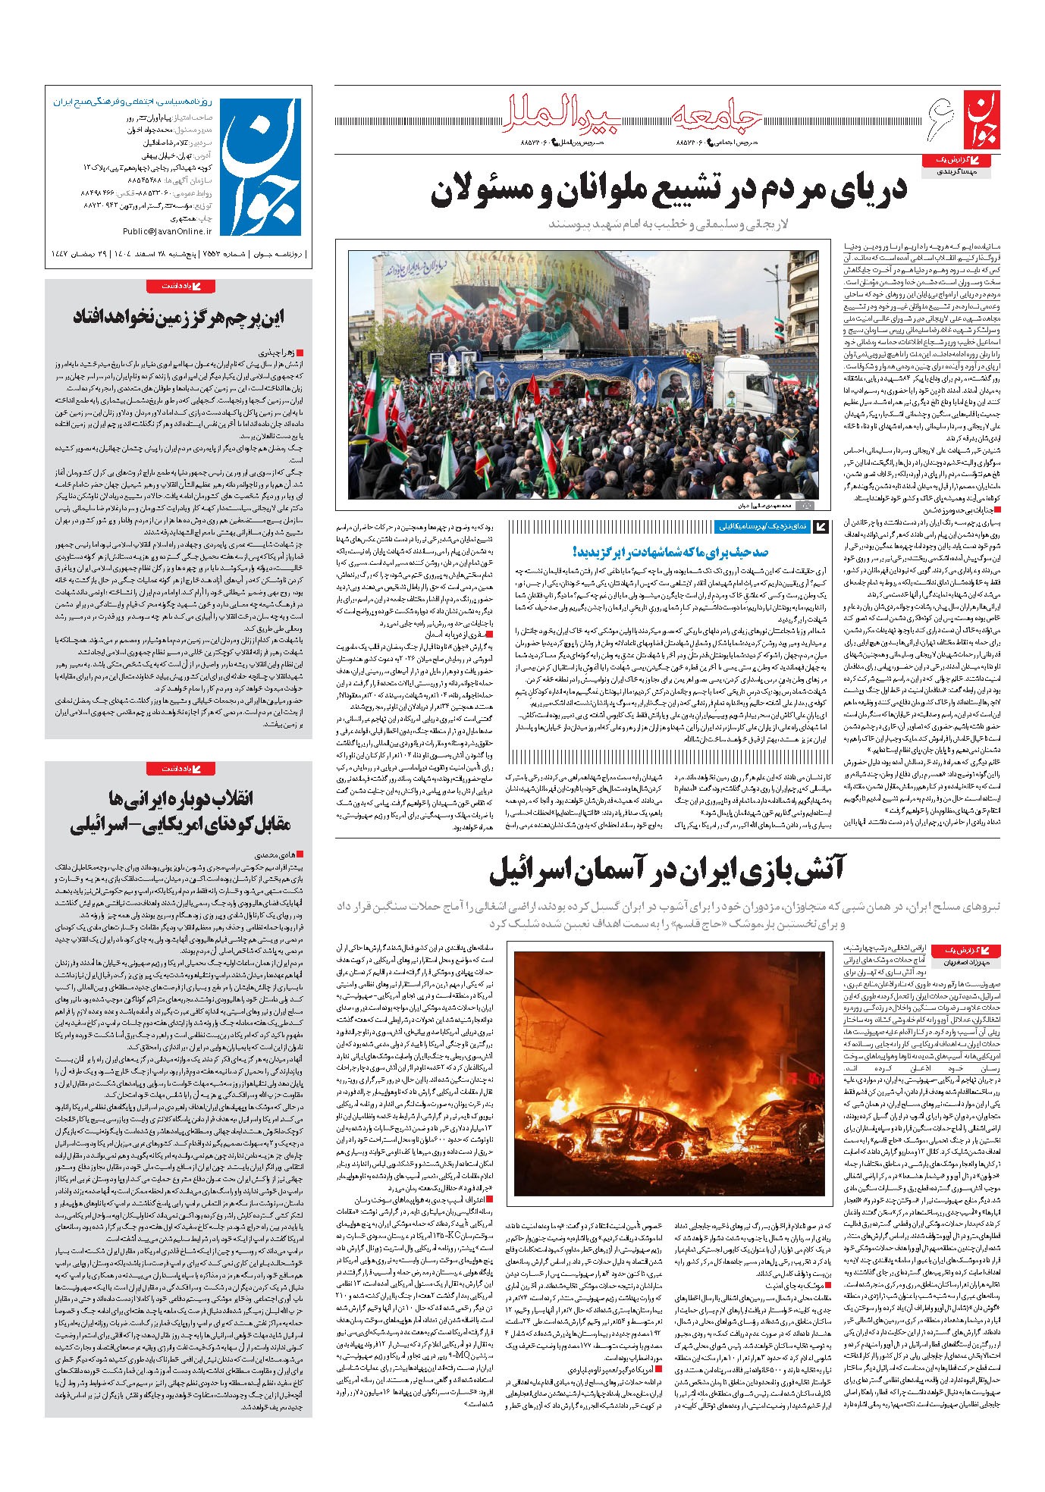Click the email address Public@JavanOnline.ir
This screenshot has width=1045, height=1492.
point(167,231)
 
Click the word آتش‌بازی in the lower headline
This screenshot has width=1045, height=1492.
point(781,869)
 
